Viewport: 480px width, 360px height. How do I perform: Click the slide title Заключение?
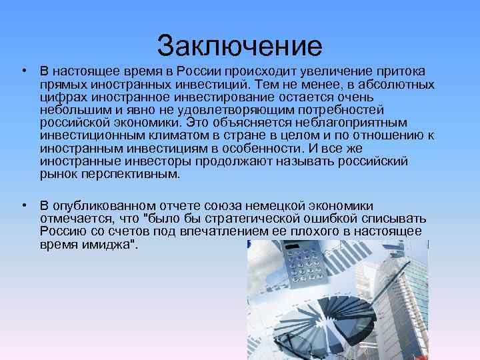pos(239,46)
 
